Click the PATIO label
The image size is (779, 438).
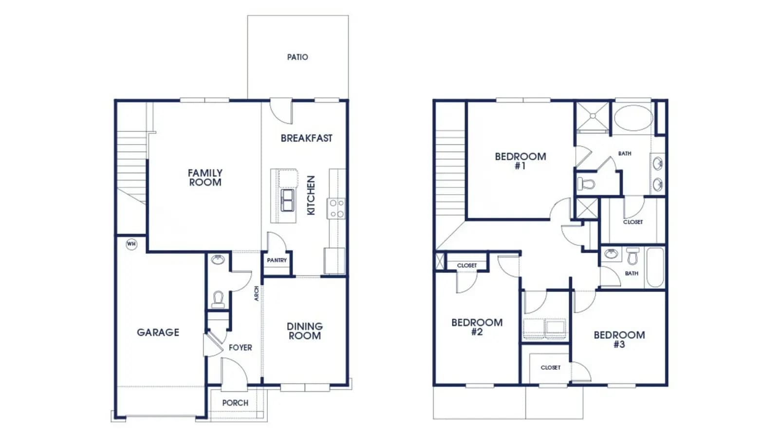[297, 57]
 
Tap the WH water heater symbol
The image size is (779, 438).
[131, 244]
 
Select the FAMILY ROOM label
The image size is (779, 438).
[205, 178]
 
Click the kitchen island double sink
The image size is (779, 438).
[287, 200]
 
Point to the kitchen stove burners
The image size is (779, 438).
[336, 208]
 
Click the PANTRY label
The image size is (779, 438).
[277, 260]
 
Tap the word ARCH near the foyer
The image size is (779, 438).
[257, 293]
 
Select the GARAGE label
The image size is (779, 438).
[158, 332]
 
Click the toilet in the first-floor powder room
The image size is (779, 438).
[218, 299]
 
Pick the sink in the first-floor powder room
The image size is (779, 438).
[218, 259]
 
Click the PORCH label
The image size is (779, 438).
[236, 403]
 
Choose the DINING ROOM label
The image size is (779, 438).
[305, 331]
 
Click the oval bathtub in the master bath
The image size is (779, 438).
[633, 117]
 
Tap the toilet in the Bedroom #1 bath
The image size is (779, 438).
[586, 183]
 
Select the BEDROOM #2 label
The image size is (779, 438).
[477, 327]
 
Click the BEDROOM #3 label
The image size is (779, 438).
[619, 340]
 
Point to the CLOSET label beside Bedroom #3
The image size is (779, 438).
[551, 367]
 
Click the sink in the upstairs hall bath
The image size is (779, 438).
[611, 254]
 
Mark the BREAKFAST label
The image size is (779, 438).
[306, 138]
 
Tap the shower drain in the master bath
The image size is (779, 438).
[593, 116]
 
